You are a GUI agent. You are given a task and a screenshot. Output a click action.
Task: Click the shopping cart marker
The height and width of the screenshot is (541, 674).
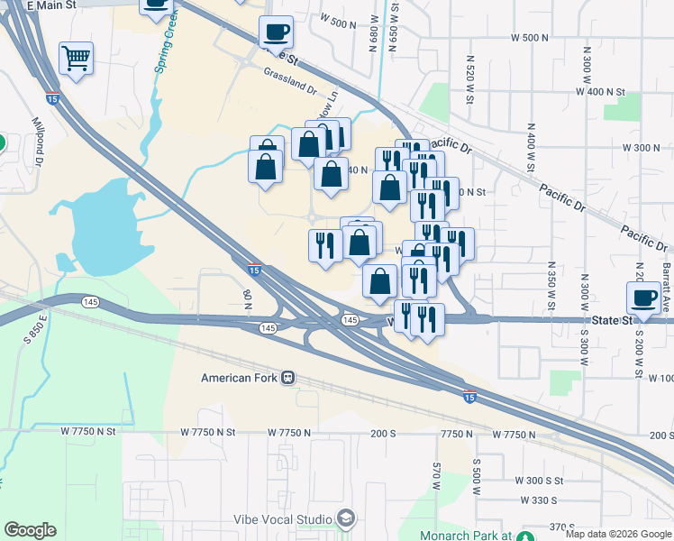(x=77, y=60)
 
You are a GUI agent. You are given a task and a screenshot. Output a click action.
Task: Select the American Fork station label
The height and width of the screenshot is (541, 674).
(x=240, y=378)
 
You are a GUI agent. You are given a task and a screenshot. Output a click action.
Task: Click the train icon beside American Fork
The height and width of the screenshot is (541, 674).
(x=288, y=378)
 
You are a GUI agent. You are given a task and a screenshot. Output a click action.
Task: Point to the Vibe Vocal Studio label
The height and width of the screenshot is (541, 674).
(x=283, y=518)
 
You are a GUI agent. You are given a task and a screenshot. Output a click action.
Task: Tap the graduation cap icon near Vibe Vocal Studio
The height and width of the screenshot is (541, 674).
(x=345, y=518)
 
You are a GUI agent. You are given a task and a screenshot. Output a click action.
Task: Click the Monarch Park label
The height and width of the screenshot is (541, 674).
(x=467, y=535)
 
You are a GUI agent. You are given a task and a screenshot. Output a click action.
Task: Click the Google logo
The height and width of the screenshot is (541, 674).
(x=30, y=530)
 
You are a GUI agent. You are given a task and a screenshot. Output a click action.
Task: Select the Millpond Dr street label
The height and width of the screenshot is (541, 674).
(x=38, y=141)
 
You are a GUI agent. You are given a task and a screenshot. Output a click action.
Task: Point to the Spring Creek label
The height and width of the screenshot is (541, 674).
(x=164, y=45)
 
